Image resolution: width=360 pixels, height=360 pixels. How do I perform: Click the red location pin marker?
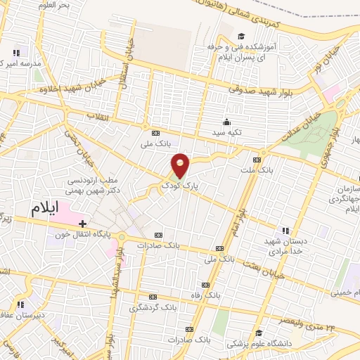click(181, 165)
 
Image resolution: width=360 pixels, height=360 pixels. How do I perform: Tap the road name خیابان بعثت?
click(262, 265)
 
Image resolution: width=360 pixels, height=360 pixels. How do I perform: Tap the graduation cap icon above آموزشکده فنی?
click(241, 36)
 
